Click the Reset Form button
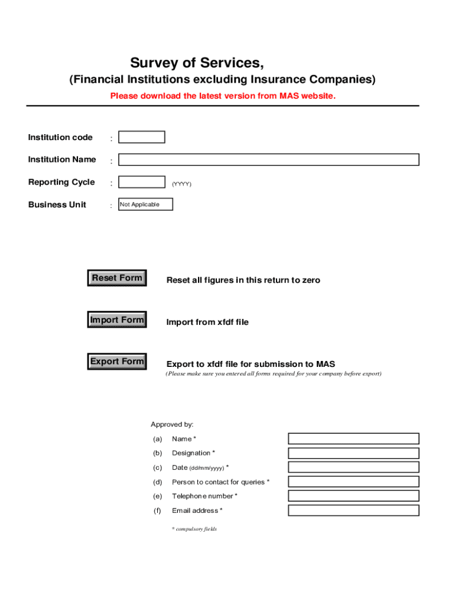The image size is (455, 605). click(117, 278)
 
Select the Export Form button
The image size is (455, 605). click(117, 362)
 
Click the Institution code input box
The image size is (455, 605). click(142, 137)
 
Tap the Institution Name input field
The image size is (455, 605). click(268, 160)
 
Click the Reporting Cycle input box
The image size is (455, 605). click(142, 182)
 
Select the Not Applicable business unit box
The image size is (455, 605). click(146, 204)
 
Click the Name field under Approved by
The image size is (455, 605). click(353, 438)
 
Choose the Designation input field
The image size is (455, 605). click(353, 453)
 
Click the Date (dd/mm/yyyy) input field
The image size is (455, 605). click(353, 467)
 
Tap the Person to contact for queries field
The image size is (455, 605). click(353, 482)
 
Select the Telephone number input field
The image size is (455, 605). click(353, 496)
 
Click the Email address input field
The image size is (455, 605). click(353, 510)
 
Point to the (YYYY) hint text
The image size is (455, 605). click(181, 184)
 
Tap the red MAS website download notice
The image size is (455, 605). click(223, 96)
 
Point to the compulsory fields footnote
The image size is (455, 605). click(194, 529)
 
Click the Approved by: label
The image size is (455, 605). click(172, 424)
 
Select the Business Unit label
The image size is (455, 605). click(57, 204)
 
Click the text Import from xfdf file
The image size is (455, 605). click(207, 322)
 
